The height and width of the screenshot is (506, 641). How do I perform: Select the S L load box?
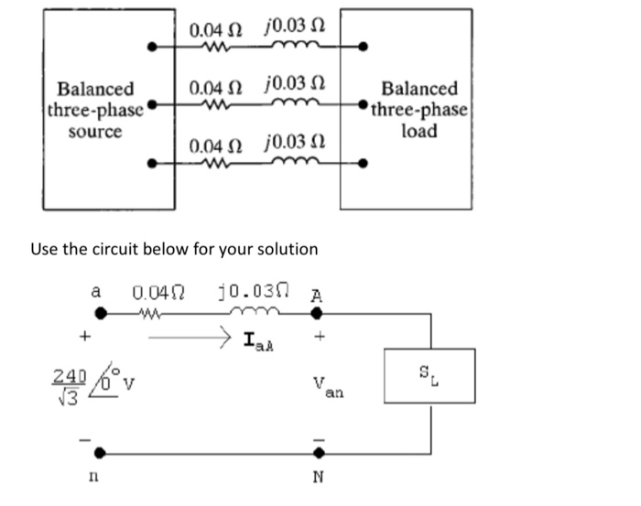(429, 375)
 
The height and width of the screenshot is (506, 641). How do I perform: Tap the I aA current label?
(261, 343)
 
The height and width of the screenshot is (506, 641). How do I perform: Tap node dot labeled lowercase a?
(100, 314)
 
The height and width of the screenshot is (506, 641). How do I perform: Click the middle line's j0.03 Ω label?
(292, 88)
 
